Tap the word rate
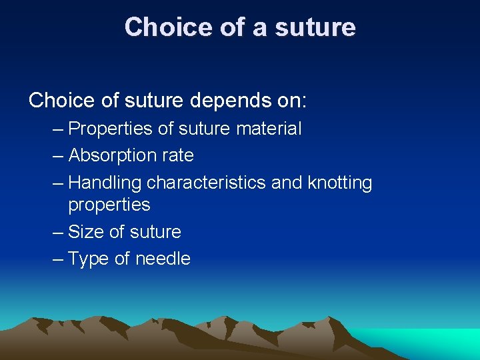tap(179, 155)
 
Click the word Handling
tap(105, 183)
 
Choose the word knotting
tap(340, 183)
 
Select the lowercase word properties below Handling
tap(109, 205)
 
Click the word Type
tap(89, 259)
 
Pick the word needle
tap(163, 259)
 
